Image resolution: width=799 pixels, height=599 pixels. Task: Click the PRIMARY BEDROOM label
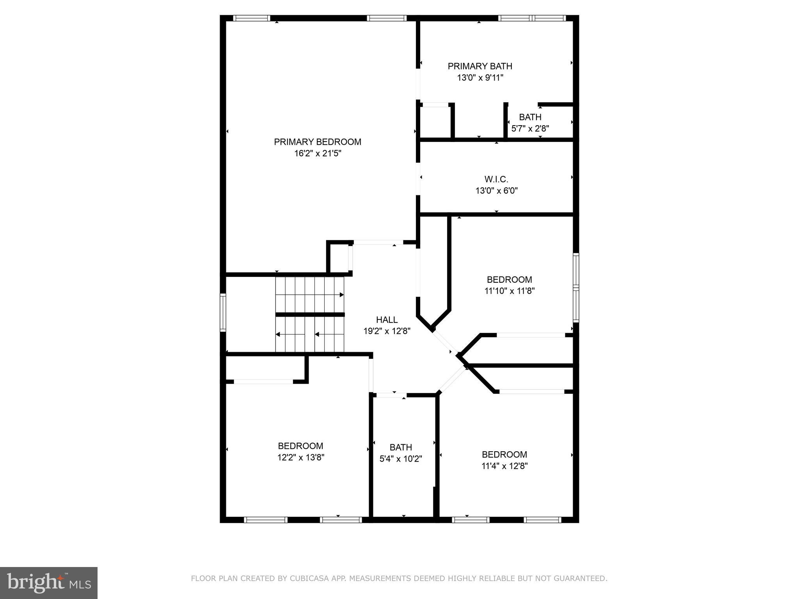[318, 142]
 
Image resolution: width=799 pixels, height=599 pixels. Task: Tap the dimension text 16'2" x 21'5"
[318, 154]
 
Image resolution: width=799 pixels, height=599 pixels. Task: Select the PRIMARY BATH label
[480, 66]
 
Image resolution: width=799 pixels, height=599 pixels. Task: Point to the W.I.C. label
[496, 179]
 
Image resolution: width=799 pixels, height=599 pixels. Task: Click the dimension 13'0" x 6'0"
[496, 191]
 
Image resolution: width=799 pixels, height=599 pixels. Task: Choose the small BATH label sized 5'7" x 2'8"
[530, 117]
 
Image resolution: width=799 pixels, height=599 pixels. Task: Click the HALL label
[387, 320]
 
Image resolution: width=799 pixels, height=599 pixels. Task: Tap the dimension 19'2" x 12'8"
[387, 331]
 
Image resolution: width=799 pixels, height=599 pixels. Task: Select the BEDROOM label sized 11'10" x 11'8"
[509, 280]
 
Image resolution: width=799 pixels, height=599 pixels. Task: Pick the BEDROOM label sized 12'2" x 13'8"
[300, 446]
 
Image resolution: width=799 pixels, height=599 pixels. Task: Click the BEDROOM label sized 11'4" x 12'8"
[504, 454]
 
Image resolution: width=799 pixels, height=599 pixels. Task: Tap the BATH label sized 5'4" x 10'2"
[401, 447]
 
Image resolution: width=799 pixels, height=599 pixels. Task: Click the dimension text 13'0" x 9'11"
[480, 78]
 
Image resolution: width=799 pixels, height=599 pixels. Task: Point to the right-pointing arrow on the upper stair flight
[341, 295]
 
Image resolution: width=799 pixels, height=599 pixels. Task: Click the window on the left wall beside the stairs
[223, 312]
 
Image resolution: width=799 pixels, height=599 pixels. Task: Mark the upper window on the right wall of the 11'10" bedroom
[576, 270]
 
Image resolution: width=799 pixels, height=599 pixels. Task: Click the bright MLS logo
[48, 583]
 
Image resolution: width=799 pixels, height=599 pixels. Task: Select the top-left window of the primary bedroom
[252, 18]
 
